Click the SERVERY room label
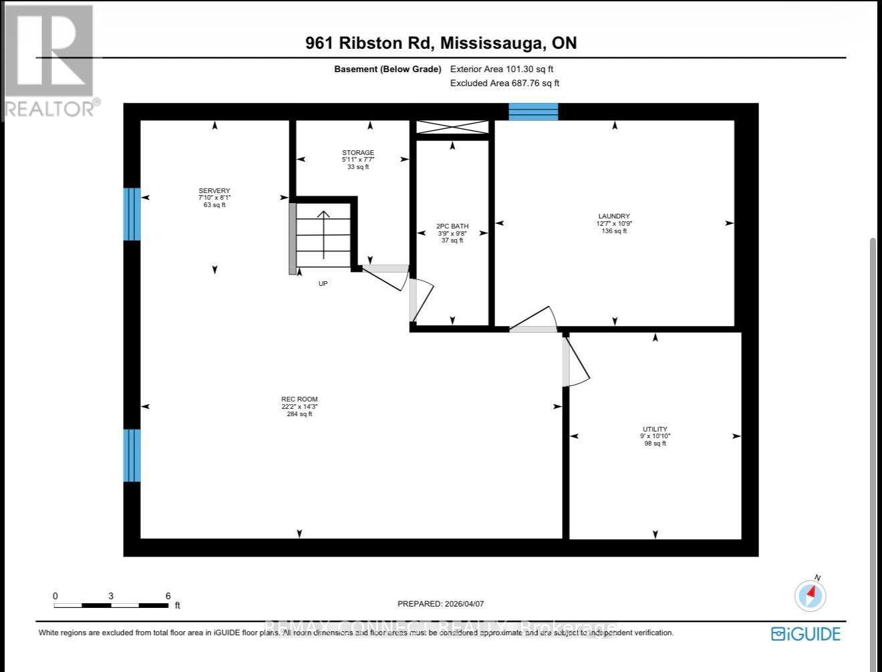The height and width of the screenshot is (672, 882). click(x=214, y=191)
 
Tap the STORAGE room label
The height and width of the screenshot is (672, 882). click(x=357, y=153)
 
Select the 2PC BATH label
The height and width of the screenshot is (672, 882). click(x=452, y=226)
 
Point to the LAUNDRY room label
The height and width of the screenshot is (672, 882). click(x=614, y=216)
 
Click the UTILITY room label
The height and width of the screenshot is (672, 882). click(x=655, y=430)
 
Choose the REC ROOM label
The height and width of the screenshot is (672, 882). click(x=299, y=399)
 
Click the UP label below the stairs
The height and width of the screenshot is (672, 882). click(x=323, y=284)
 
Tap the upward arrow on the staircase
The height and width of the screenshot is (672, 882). click(x=323, y=234)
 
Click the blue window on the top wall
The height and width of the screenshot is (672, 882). click(x=533, y=112)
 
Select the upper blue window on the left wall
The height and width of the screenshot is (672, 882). click(x=132, y=214)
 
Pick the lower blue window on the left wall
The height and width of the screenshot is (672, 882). click(x=132, y=455)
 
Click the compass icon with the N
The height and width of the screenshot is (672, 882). click(x=811, y=594)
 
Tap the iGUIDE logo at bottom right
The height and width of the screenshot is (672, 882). click(x=805, y=633)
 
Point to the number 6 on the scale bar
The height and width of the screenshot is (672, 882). click(x=168, y=596)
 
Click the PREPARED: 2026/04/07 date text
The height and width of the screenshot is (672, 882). click(x=440, y=604)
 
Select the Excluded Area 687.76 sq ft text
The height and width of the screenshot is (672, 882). click(x=504, y=83)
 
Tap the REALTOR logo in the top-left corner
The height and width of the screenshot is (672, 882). click(x=50, y=60)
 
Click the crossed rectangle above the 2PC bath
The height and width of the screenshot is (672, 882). click(x=452, y=127)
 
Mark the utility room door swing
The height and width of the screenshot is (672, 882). click(x=577, y=361)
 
